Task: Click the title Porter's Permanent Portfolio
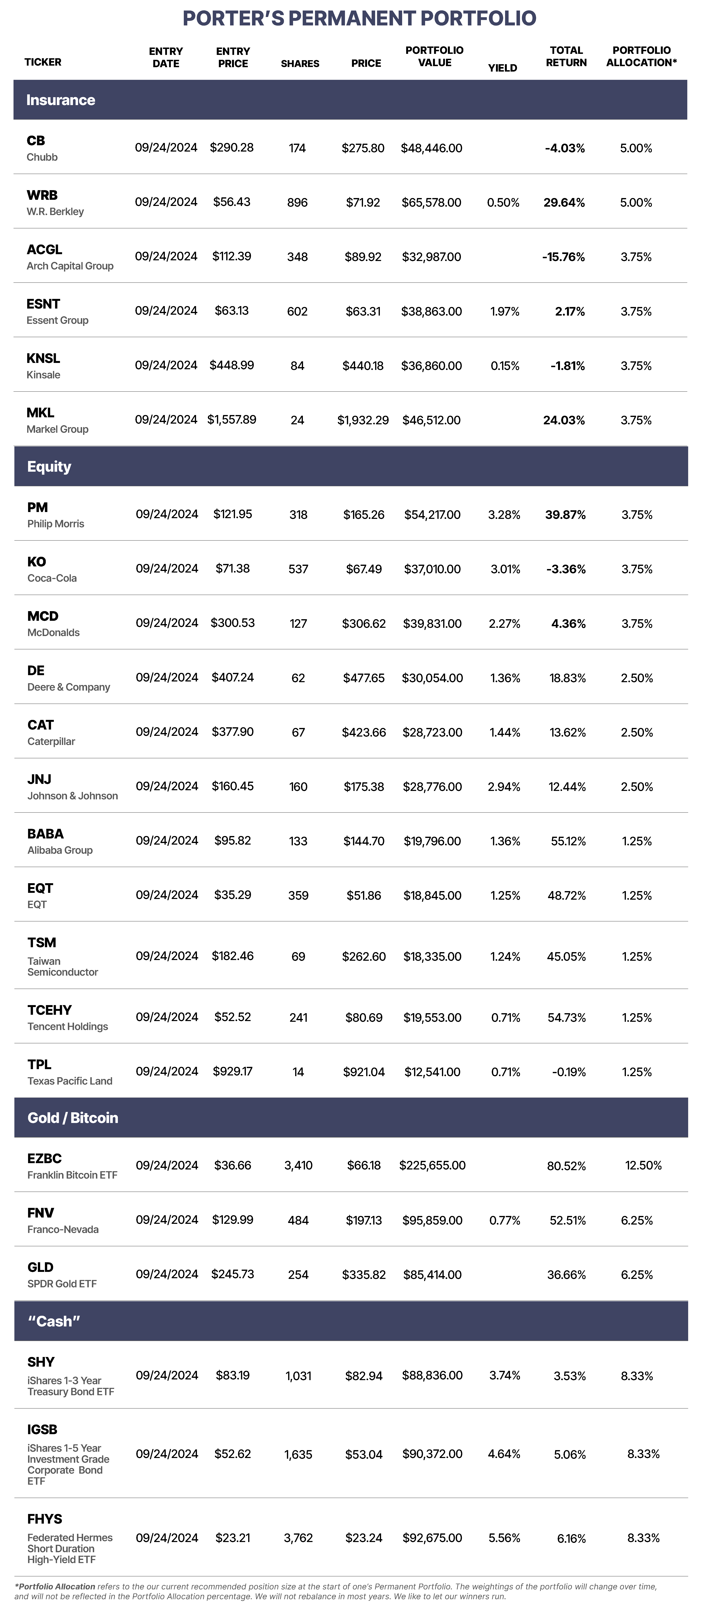(359, 18)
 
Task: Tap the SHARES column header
(300, 63)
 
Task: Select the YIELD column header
(503, 68)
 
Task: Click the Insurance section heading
(60, 100)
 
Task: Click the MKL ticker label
(41, 412)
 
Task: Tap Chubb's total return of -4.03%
(565, 148)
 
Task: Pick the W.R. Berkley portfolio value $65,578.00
(432, 202)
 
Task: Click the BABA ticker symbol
(45, 834)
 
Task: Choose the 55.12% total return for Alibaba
(568, 841)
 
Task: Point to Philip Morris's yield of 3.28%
(505, 515)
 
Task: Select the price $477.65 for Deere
(364, 678)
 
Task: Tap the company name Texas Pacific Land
(70, 1081)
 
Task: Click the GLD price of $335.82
(364, 1275)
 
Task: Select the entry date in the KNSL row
(166, 365)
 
